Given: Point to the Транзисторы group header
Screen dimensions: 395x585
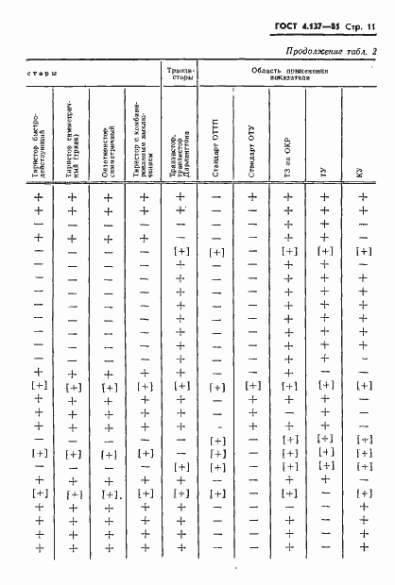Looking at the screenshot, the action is point(180,75).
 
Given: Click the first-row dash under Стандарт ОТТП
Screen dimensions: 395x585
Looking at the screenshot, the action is point(216,197).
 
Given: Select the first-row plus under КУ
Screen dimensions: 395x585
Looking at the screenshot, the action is point(362,197).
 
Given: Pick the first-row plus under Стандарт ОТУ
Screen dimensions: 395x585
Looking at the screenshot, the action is point(252,197).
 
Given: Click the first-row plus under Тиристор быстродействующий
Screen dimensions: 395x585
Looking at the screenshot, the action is point(40,197).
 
